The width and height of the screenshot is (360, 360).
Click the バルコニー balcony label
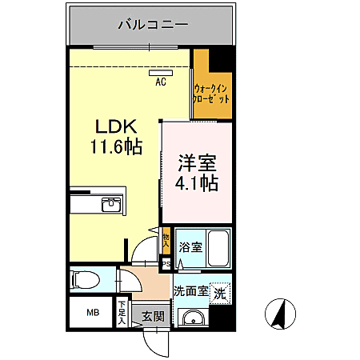[152, 25]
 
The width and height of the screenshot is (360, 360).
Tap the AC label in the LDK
[160, 81]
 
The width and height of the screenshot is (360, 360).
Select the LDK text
[117, 126]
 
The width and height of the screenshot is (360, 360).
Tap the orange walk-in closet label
[212, 93]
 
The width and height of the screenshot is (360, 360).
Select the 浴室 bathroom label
[190, 246]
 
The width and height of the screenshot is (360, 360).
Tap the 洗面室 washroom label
[192, 291]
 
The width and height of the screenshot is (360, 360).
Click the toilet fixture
[83, 279]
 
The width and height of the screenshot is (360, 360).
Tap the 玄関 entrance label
[153, 316]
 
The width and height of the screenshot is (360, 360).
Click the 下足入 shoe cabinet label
[122, 313]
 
